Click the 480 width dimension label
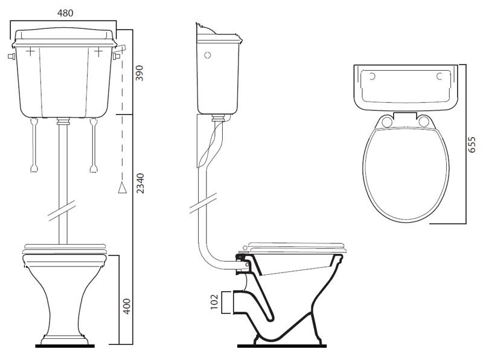(x=65, y=13)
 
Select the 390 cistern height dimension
(x=140, y=72)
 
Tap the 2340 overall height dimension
(x=140, y=183)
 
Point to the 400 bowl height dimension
(x=127, y=306)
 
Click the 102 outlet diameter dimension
(x=214, y=302)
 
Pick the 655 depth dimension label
(x=472, y=144)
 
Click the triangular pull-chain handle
(x=123, y=188)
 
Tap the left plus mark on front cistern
(x=30, y=51)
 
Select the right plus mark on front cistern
(x=98, y=51)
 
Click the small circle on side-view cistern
(x=208, y=55)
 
